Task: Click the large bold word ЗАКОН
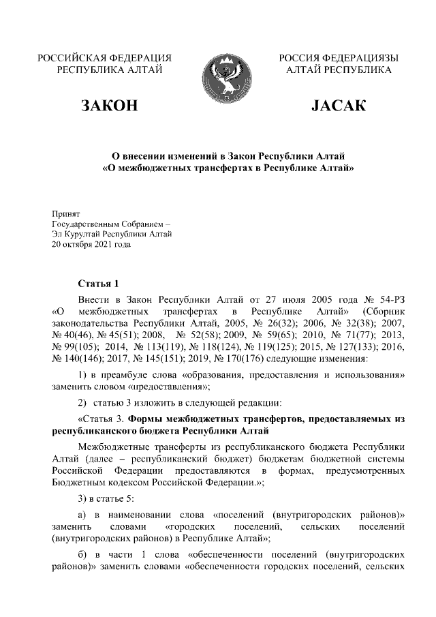click(x=109, y=106)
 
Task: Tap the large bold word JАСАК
click(x=338, y=106)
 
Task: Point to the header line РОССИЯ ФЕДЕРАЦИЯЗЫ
click(x=339, y=58)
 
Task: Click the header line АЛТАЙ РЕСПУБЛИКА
click(x=339, y=70)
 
